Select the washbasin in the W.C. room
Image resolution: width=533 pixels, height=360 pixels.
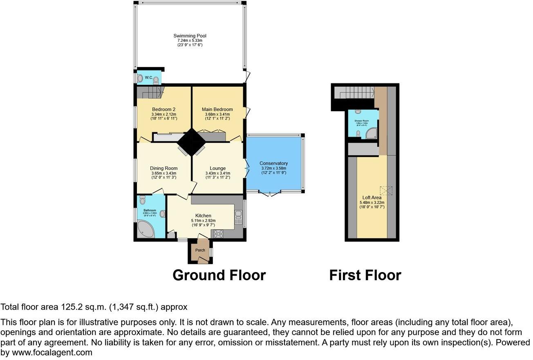click(x=139, y=77)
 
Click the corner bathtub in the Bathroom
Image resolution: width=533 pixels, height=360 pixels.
click(x=145, y=230)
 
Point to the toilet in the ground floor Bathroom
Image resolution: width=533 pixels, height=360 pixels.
click(x=142, y=200)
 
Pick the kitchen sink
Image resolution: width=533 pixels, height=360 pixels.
click(x=238, y=217)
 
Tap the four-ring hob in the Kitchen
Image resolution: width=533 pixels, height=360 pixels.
click(x=218, y=234)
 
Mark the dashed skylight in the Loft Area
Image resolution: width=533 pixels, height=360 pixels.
click(x=386, y=190)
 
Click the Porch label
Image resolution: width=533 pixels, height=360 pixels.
click(x=200, y=250)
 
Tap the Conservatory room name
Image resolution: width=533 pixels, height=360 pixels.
click(x=274, y=163)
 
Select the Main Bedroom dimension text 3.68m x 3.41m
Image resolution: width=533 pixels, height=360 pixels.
click(x=217, y=115)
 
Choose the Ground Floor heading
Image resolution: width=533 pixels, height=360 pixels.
click(x=219, y=275)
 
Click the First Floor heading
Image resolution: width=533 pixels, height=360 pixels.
click(x=365, y=275)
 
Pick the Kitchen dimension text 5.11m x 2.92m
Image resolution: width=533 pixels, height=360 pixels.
click(x=203, y=221)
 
